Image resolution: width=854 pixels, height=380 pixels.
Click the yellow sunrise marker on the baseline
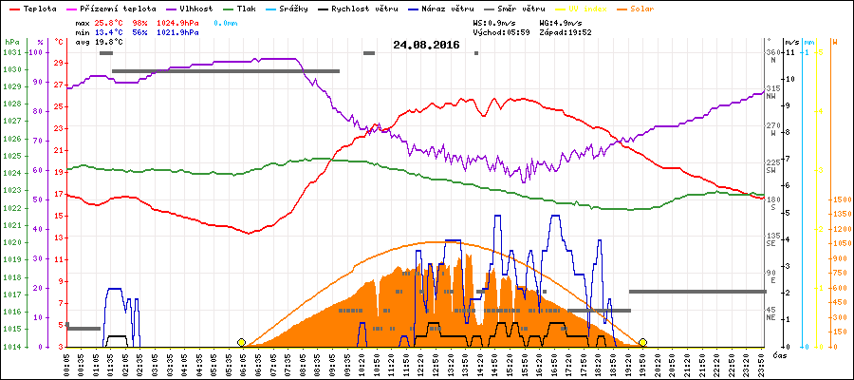242,342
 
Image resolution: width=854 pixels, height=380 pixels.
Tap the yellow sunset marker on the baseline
642,342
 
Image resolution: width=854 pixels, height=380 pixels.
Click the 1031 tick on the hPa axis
11,52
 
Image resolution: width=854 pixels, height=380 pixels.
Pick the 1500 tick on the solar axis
840,199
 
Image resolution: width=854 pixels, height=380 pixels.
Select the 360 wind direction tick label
772,52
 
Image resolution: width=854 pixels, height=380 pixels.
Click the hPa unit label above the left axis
10,42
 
